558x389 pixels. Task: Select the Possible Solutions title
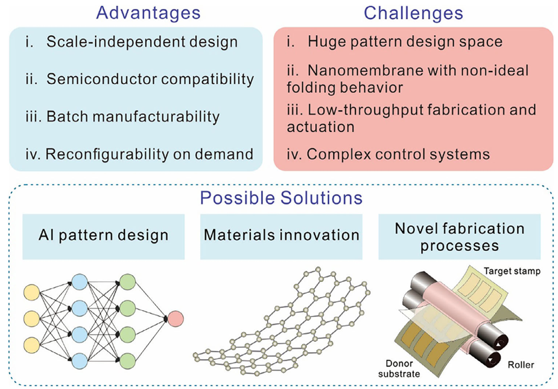281,198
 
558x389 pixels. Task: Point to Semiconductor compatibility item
150,79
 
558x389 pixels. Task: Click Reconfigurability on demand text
149,154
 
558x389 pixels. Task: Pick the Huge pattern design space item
404,41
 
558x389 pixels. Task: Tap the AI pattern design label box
103,236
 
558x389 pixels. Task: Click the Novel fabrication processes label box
459,236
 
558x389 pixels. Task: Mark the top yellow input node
31,293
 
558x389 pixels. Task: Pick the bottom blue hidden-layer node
79,359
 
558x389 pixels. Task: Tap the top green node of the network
128,282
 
